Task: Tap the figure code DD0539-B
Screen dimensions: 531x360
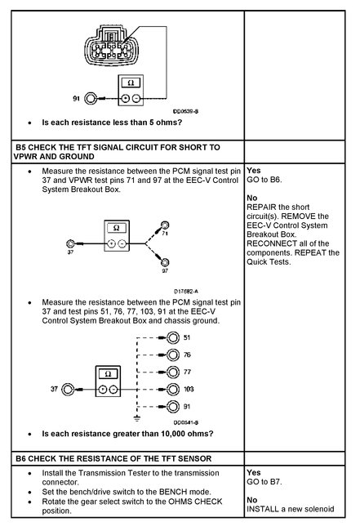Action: click(187, 114)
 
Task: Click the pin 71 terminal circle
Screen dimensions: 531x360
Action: click(165, 224)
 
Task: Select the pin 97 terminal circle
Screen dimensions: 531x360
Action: click(165, 261)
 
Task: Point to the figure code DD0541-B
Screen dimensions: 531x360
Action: click(188, 422)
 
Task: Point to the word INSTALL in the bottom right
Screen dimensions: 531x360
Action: click(264, 511)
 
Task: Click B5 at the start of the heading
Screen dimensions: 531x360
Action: click(22, 147)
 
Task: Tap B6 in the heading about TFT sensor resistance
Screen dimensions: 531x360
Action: click(22, 457)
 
